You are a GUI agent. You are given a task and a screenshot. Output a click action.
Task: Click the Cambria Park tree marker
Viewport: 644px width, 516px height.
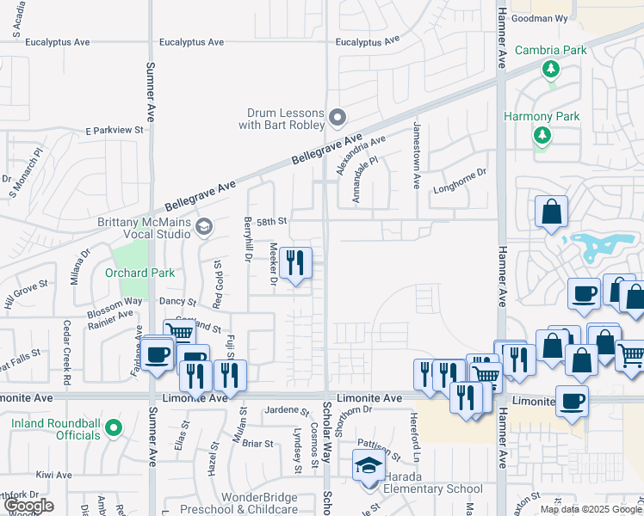[x=549, y=69]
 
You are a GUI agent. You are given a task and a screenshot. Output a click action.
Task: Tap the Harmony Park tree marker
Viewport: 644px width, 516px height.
[x=542, y=135]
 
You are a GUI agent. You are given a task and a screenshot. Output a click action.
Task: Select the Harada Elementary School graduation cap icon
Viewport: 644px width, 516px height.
[x=368, y=467]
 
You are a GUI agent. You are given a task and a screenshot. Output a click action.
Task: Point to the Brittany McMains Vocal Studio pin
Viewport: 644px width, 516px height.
[x=204, y=227]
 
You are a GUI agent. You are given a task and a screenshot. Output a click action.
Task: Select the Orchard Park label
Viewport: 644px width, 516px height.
[x=139, y=273]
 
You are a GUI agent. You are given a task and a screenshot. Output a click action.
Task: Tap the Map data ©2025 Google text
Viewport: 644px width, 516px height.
[x=591, y=509]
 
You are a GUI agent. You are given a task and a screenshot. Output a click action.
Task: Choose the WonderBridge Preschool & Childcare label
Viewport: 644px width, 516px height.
[x=259, y=503]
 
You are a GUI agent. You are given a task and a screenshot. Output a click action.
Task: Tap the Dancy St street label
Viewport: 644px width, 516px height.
[x=179, y=303]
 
